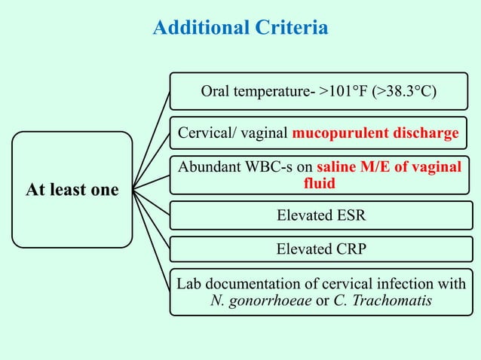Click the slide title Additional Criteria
tap(240, 29)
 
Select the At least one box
tap(72, 190)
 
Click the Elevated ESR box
tap(320, 216)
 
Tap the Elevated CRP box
tap(320, 249)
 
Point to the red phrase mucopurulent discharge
tap(375, 133)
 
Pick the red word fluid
tap(320, 183)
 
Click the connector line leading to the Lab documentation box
tap(151, 240)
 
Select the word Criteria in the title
tap(290, 29)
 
